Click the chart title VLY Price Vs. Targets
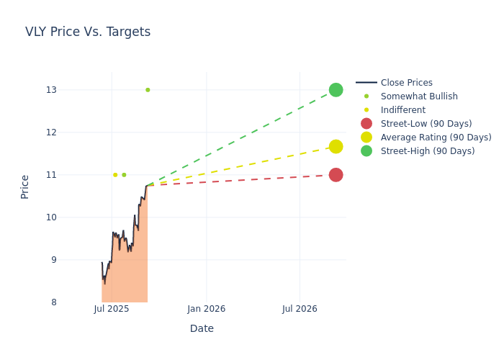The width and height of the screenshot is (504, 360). [x=88, y=32]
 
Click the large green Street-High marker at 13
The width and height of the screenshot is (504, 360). [x=336, y=90]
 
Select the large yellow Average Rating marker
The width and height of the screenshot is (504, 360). [x=336, y=147]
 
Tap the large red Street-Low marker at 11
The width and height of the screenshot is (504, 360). [x=336, y=175]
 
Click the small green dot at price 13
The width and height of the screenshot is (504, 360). [x=148, y=90]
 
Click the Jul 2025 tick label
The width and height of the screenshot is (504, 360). [x=112, y=309]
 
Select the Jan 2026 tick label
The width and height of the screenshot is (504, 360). [x=206, y=309]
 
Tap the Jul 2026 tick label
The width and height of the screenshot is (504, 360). [x=300, y=309]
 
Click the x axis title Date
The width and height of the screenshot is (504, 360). [x=202, y=329]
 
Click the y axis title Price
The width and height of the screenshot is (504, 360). [x=25, y=186]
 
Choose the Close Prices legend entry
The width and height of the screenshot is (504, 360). [x=406, y=83]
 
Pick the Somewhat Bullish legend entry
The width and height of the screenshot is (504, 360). [x=418, y=96]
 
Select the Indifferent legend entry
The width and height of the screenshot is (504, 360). [x=402, y=110]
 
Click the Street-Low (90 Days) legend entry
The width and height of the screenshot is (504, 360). [x=426, y=124]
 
